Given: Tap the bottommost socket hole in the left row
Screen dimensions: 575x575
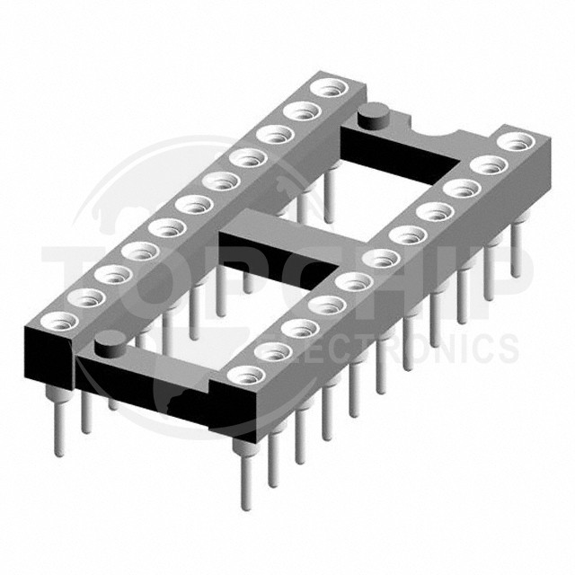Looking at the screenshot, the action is click(60, 321).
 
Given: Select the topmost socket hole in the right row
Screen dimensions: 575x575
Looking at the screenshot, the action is click(517, 141).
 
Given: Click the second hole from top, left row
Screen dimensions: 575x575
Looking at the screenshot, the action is click(302, 111).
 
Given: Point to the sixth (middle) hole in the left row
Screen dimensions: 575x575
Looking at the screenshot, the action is click(193, 205).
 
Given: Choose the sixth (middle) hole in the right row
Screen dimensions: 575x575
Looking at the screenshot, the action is click(381, 259).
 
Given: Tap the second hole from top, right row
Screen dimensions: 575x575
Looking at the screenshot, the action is click(489, 165).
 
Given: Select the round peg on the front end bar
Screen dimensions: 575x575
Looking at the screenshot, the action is click(111, 347).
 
